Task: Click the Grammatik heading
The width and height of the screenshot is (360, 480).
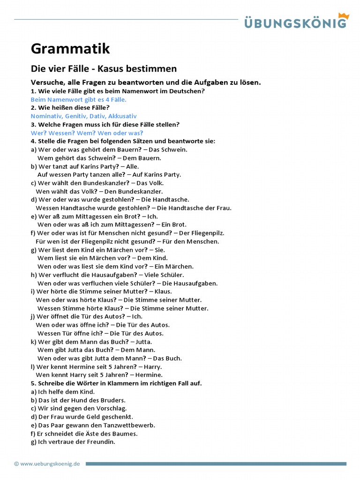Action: [x=70, y=48]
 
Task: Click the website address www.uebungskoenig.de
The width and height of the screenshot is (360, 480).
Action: [x=50, y=464]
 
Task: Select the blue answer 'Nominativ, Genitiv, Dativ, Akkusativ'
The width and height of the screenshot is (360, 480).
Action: [x=84, y=116]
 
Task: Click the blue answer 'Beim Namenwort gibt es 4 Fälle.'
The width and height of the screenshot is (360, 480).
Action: [x=79, y=99]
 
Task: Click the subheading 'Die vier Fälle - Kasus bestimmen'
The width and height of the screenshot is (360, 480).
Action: [x=104, y=68]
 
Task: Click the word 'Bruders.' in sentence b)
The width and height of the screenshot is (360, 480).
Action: [x=112, y=400]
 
